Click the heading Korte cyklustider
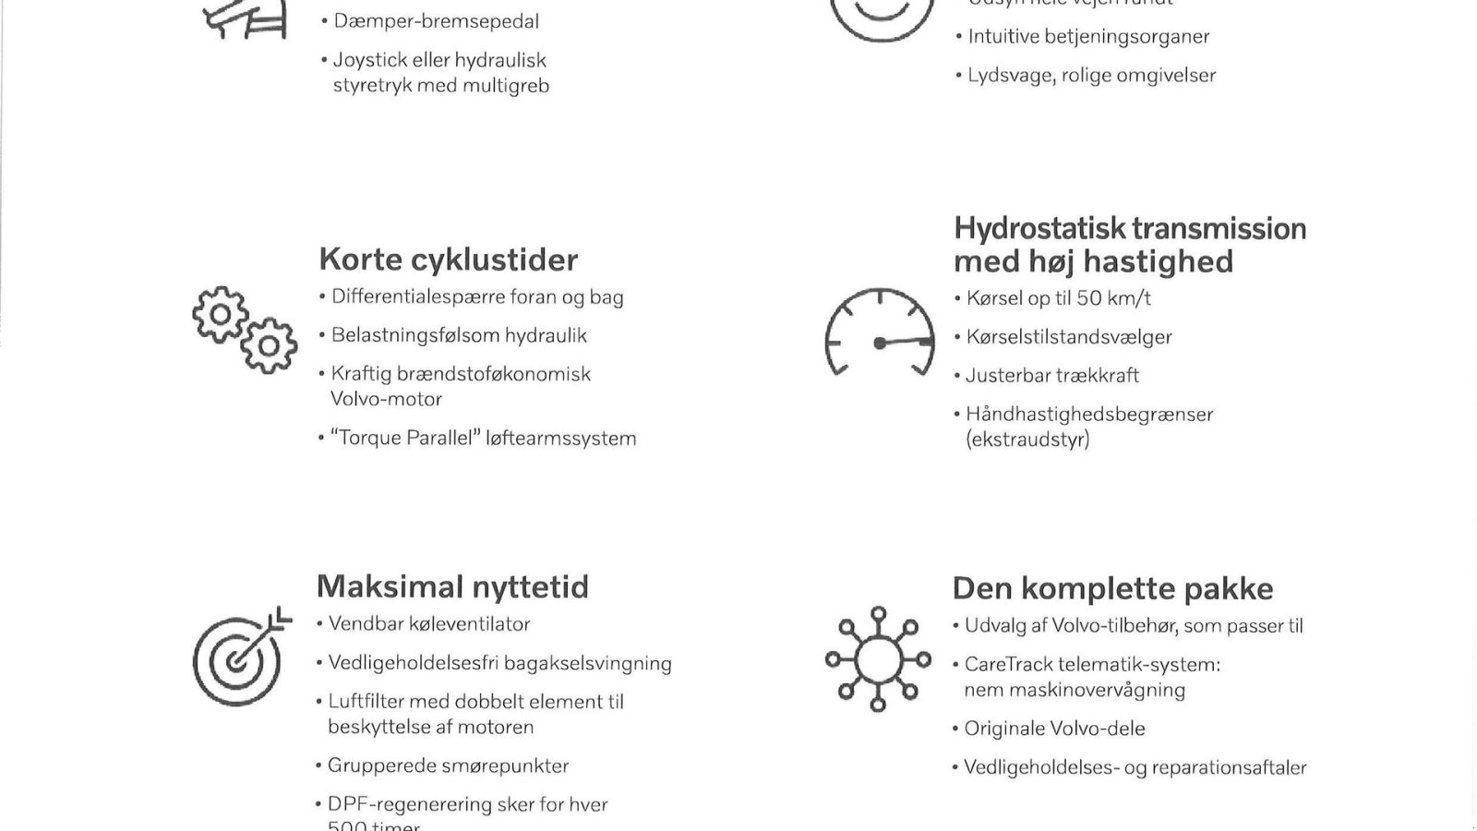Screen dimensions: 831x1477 (448, 259)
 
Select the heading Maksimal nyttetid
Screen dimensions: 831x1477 (452, 587)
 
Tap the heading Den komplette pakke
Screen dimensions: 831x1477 (1112, 589)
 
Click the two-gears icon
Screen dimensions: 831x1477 (245, 330)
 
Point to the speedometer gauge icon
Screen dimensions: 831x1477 (879, 332)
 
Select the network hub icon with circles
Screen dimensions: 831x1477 (878, 658)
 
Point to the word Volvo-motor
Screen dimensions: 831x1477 (386, 400)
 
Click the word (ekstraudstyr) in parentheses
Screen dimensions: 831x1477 (1027, 440)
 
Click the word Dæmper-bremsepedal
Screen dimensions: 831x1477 (436, 21)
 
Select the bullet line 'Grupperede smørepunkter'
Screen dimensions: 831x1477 (448, 766)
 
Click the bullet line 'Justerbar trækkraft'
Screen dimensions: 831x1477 (1052, 376)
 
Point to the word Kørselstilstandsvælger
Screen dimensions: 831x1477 (1069, 337)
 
